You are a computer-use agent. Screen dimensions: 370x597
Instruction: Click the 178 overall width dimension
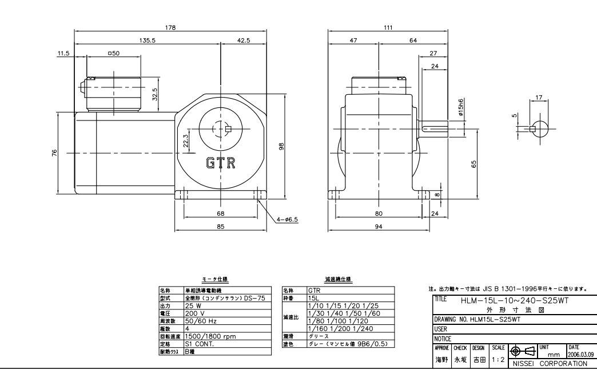pyautogui.click(x=170, y=27)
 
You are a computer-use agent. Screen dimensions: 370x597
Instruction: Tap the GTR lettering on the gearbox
pyautogui.click(x=221, y=163)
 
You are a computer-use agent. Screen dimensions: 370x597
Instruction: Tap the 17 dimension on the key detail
pyautogui.click(x=539, y=98)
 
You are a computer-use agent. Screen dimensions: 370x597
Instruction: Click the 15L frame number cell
pyautogui.click(x=313, y=297)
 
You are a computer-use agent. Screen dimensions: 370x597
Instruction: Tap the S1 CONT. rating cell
pyautogui.click(x=198, y=344)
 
